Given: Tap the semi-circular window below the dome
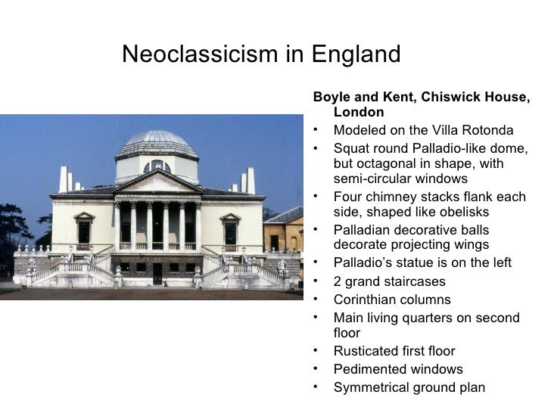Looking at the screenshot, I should pos(157,166).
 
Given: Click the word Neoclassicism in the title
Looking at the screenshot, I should pos(190,54).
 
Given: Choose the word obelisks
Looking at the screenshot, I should pos(461,213).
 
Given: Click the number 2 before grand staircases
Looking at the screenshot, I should pos(337,281).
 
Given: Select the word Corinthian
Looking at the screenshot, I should pos(368,300).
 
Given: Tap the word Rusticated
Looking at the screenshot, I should pos(367,352).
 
